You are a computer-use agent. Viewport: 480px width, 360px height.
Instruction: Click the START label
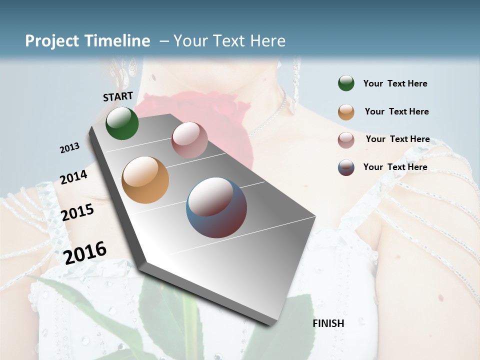tap(118, 96)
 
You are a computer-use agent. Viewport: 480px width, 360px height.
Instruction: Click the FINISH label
tap(328, 323)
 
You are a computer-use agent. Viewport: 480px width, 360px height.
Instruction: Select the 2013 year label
tap(69, 148)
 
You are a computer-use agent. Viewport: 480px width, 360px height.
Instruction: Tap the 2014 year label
tap(73, 177)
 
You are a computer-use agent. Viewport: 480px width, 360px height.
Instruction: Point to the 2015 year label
tap(77, 212)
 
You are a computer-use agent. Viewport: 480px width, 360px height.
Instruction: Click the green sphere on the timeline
tap(122, 123)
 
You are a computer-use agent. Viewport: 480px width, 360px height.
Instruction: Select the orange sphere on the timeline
tap(145, 180)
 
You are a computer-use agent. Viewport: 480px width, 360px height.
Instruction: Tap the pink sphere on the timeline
tap(189, 140)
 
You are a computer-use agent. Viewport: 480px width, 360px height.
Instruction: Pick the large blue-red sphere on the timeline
tap(216, 207)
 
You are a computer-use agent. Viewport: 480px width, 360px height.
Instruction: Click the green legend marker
tap(346, 83)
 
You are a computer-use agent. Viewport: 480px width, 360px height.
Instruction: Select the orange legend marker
tap(346, 112)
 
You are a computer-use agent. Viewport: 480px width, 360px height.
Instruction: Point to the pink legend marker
tap(346, 140)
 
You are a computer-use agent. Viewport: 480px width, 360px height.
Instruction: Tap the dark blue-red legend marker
tap(346, 167)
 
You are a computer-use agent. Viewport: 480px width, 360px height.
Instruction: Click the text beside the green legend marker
tap(395, 84)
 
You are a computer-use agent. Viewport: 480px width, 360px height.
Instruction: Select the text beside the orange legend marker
tap(396, 111)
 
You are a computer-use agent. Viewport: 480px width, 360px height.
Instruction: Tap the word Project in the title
tap(51, 41)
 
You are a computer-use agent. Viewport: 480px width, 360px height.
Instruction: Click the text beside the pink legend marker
tap(397, 139)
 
